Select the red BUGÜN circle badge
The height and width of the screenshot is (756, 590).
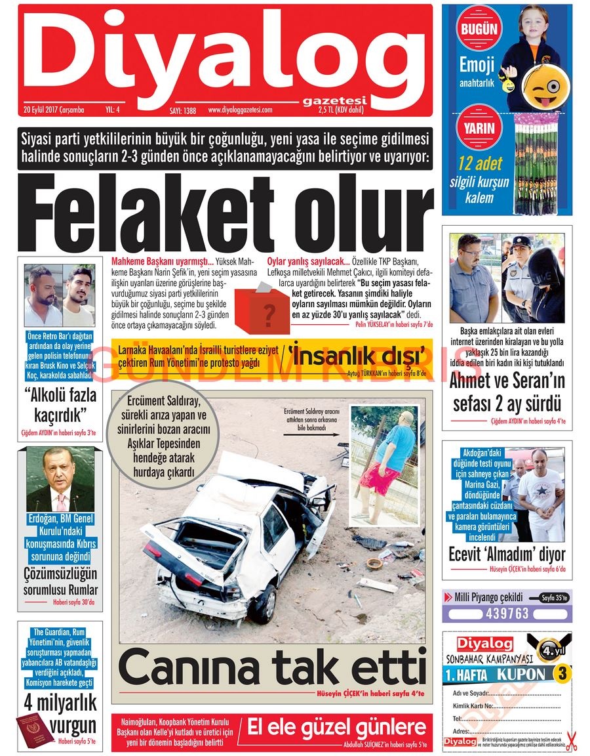pyautogui.click(x=479, y=30)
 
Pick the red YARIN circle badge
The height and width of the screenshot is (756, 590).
pyautogui.click(x=479, y=129)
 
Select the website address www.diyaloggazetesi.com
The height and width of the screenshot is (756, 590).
pyautogui.click(x=248, y=110)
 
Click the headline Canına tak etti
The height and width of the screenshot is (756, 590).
pyautogui.click(x=272, y=668)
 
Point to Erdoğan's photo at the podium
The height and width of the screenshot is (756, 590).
pyautogui.click(x=60, y=480)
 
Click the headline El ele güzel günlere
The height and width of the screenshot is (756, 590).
pyautogui.click(x=336, y=726)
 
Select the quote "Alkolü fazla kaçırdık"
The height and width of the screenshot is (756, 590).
pyautogui.click(x=60, y=405)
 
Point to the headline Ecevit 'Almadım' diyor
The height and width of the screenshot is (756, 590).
pyautogui.click(x=507, y=553)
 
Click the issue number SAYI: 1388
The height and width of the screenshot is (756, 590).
pyautogui.click(x=183, y=110)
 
